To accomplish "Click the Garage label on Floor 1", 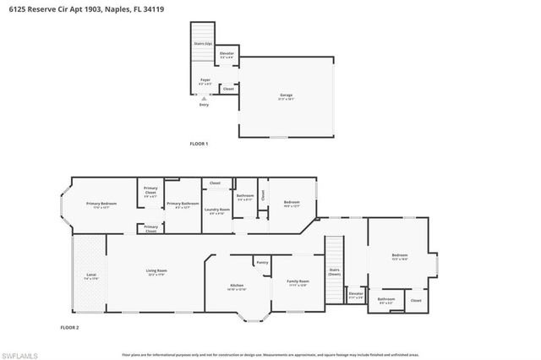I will [286, 95].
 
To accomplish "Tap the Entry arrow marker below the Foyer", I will [203, 99].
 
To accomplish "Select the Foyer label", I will [205, 82].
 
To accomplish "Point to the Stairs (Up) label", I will [202, 43].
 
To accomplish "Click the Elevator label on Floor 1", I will [227, 54].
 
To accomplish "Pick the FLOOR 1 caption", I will [198, 145].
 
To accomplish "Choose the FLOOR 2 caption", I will [69, 326].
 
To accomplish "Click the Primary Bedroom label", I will [101, 204].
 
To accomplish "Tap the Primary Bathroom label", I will [182, 204].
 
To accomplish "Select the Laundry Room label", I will [217, 210].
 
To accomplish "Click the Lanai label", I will [90, 275].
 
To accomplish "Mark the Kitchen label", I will [238, 286].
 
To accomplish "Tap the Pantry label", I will [262, 263].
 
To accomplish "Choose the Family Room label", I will [298, 281].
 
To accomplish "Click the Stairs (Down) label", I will [334, 273].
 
